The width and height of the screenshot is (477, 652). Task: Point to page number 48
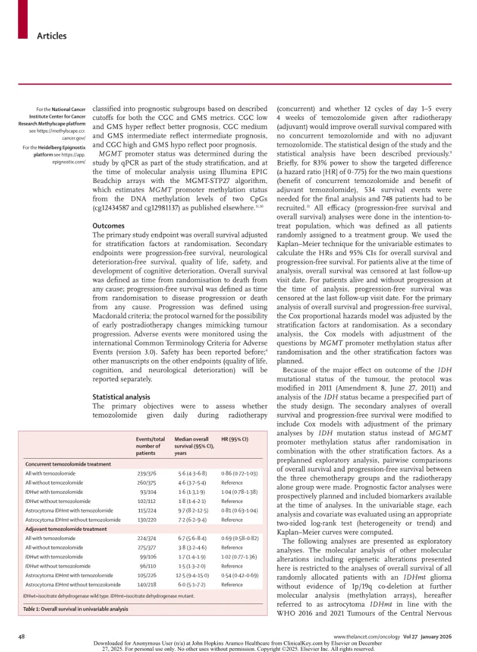pyautogui.click(x=22, y=636)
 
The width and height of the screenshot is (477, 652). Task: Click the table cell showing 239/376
pyautogui.click(x=150, y=472)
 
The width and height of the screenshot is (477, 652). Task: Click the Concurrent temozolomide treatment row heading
pyautogui.click(x=68, y=464)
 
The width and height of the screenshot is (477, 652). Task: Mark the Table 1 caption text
pyautogui.click(x=76, y=609)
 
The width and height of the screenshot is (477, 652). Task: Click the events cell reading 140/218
pyautogui.click(x=150, y=584)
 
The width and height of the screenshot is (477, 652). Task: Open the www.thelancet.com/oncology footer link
pyautogui.click(x=363, y=636)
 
